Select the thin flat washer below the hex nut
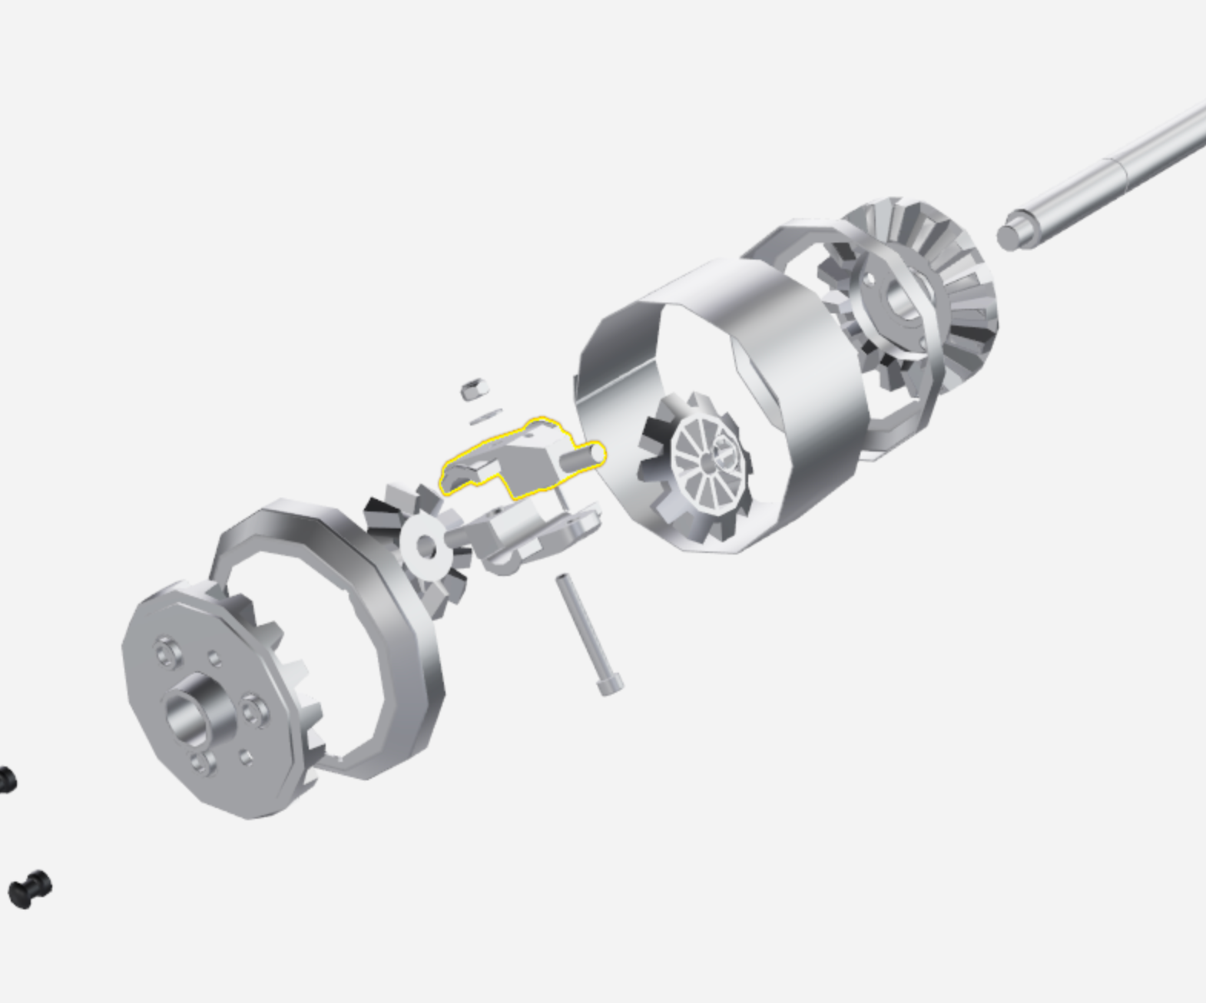[x=485, y=418]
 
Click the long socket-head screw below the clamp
[x=588, y=630]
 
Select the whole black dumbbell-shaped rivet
[x=30, y=889]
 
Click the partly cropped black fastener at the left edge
[x=6, y=780]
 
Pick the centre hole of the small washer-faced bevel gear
[x=425, y=547]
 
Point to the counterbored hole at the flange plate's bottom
[x=202, y=763]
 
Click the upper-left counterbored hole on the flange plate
[x=166, y=654]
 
